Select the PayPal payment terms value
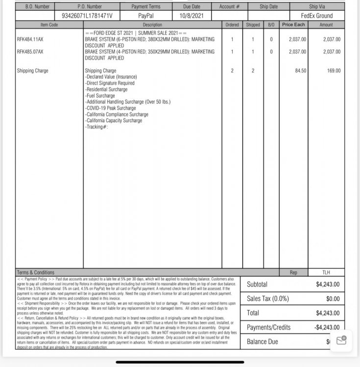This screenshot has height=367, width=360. coord(146,16)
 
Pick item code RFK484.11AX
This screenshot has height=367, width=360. coord(30,39)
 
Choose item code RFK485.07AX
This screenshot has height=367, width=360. coord(30,51)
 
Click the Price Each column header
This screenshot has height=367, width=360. coord(294,24)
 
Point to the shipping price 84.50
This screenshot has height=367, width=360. coord(300,71)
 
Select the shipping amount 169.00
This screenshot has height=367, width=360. coord(334,71)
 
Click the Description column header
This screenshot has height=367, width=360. coord(152,24)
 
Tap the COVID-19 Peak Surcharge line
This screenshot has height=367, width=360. coord(111,108)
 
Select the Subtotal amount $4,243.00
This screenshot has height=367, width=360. coord(328,284)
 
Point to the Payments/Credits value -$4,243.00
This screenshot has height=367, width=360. coord(327,327)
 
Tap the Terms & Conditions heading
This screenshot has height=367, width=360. coord(35,272)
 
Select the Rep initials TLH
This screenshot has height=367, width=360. coord(326,272)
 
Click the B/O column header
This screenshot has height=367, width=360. coord(271,24)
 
